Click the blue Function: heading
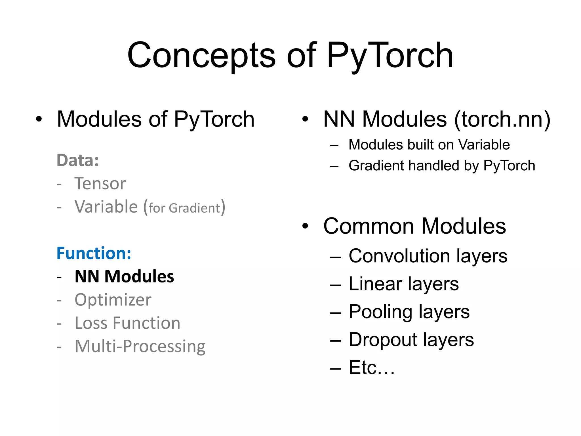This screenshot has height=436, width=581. pos(94,253)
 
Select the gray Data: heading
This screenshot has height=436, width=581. pos(78,160)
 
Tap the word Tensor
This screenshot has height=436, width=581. pos(100,183)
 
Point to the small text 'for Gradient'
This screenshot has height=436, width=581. pos(184,208)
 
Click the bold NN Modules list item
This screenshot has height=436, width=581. pos(124,276)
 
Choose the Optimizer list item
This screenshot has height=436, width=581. pos(113,300)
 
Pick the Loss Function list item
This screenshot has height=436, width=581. pos(127,323)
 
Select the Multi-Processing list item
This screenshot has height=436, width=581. pos(140,346)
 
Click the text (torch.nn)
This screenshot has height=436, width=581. pos(502,119)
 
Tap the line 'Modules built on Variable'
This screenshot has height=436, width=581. pos(429,145)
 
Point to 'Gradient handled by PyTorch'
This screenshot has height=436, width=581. pos(442,166)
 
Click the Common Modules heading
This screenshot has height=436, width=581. pos(414,226)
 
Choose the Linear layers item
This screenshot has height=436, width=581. pos(403,284)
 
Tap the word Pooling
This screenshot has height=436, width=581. pos(380,312)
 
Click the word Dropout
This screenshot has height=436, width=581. pos(383,340)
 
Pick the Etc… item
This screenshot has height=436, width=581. pos(372,368)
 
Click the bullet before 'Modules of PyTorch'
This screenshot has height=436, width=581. pos(39,119)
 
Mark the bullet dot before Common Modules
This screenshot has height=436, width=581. pos(305,226)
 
